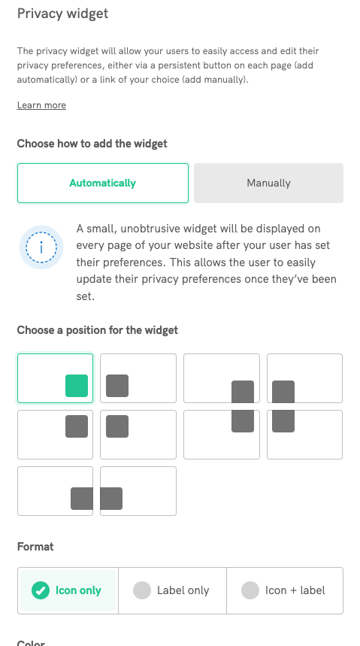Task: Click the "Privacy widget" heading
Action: click(x=62, y=14)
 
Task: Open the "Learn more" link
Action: click(x=41, y=105)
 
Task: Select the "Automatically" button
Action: click(x=102, y=183)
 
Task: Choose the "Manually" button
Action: click(x=268, y=183)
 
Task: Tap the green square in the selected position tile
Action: click(x=77, y=386)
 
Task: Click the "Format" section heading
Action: click(x=35, y=547)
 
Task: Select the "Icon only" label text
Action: click(x=78, y=590)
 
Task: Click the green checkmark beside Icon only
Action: click(x=41, y=590)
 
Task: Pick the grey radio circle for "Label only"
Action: click(x=142, y=590)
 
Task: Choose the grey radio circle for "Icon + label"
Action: click(x=250, y=590)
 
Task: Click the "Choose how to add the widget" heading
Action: click(x=92, y=144)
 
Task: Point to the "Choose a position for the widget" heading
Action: click(x=98, y=330)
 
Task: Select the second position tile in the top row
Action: click(x=138, y=378)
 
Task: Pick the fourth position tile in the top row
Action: click(x=304, y=378)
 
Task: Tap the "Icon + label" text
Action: click(x=295, y=590)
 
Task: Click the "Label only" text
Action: click(x=183, y=590)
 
